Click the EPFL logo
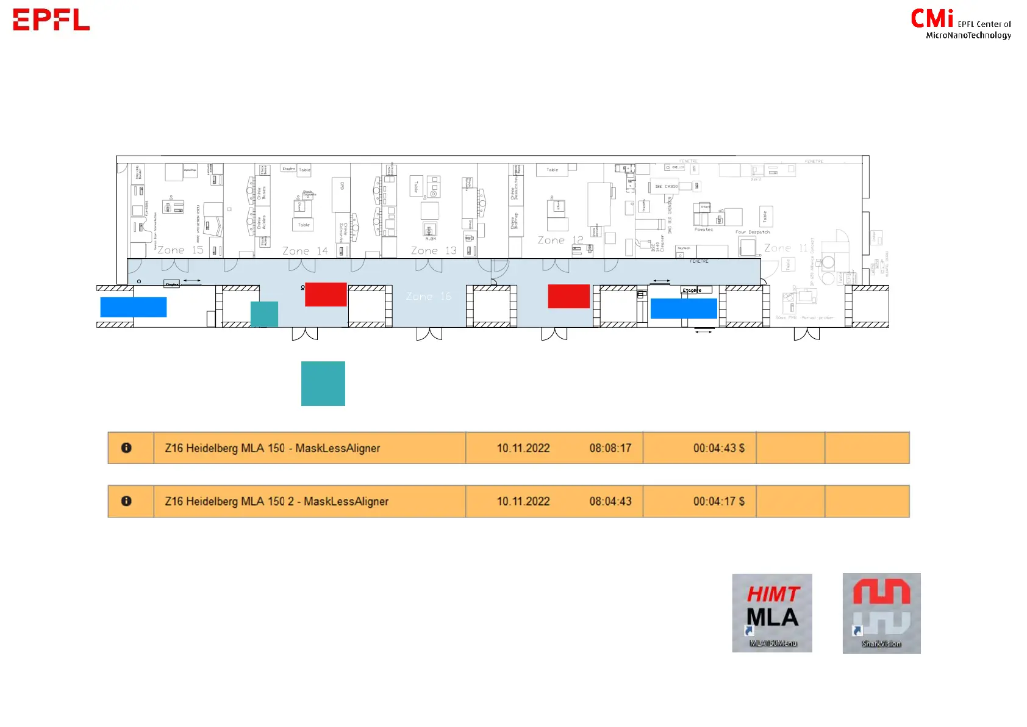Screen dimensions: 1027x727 pyautogui.click(x=51, y=20)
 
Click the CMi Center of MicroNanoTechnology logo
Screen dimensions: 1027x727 pyautogui.click(x=961, y=24)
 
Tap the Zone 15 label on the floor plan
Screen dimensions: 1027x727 pyautogui.click(x=181, y=250)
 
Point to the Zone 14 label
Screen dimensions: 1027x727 pyautogui.click(x=305, y=251)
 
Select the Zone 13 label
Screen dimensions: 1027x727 pyautogui.click(x=434, y=251)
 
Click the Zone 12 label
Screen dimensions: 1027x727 pyautogui.click(x=560, y=241)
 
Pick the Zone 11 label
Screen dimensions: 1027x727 pyautogui.click(x=786, y=248)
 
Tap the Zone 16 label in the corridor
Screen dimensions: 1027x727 pyautogui.click(x=429, y=296)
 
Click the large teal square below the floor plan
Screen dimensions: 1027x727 pyautogui.click(x=323, y=383)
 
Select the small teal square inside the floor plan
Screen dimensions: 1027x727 pyautogui.click(x=264, y=314)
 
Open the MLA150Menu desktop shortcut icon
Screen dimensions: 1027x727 pyautogui.click(x=772, y=613)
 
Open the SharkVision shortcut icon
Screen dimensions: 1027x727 pyautogui.click(x=881, y=613)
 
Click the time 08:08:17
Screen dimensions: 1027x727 pyautogui.click(x=610, y=448)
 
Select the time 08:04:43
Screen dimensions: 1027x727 pyautogui.click(x=610, y=501)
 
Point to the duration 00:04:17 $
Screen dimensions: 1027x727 pyautogui.click(x=718, y=501)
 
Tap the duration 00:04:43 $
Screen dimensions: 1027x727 pyautogui.click(x=718, y=448)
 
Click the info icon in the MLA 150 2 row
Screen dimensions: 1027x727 pyautogui.click(x=126, y=501)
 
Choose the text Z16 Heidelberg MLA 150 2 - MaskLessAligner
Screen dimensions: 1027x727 pyautogui.click(x=276, y=501)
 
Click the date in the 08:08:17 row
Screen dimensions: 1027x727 pyautogui.click(x=523, y=448)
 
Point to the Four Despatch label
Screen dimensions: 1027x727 pyautogui.click(x=753, y=232)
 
